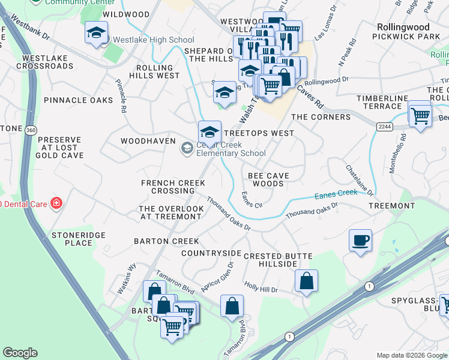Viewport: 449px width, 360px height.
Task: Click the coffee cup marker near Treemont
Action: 360,241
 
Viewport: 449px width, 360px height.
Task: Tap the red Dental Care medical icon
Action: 56,203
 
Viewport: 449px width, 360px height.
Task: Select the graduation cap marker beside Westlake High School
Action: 95,34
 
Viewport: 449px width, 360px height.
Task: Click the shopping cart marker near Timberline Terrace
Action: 420,114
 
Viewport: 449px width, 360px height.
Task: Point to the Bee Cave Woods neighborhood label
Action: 268,179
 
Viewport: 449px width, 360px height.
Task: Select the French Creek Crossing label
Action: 173,187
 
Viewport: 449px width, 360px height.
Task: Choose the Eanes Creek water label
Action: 336,194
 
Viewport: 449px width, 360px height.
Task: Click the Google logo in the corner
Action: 20,353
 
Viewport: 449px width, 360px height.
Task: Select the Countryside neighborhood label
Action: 211,253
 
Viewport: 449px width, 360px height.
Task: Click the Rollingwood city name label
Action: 403,27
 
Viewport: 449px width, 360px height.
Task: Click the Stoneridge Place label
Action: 71,239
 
